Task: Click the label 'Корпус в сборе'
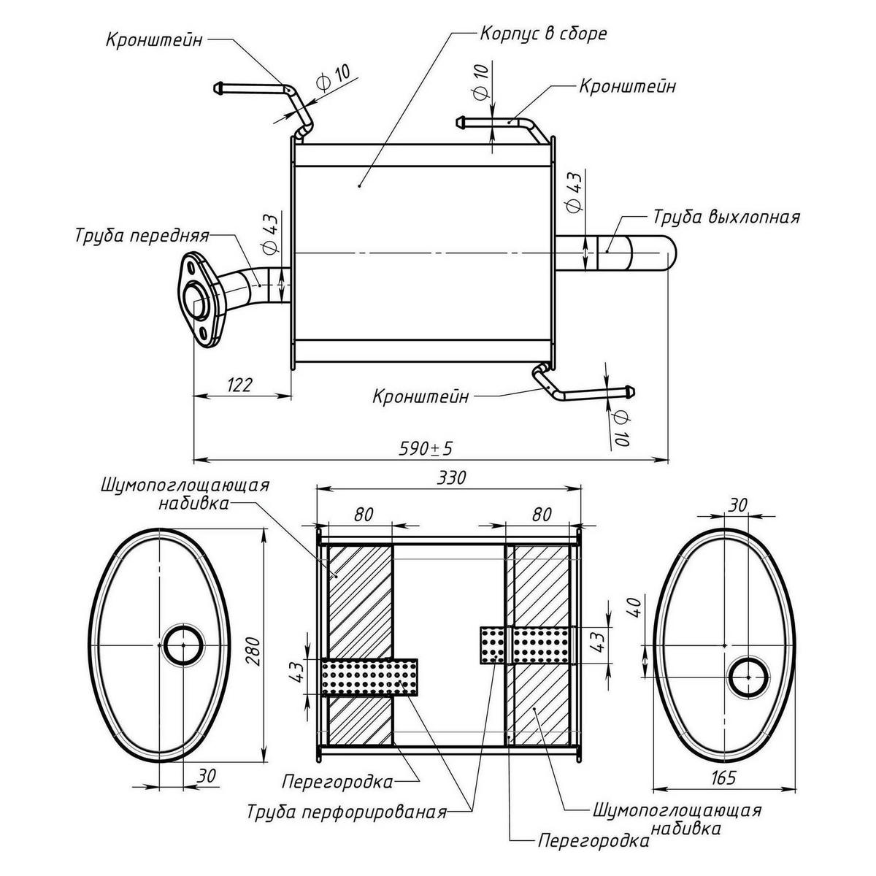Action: click(543, 34)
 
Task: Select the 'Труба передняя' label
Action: click(142, 236)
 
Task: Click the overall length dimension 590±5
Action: click(426, 449)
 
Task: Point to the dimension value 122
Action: click(239, 385)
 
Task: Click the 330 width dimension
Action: click(451, 477)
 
